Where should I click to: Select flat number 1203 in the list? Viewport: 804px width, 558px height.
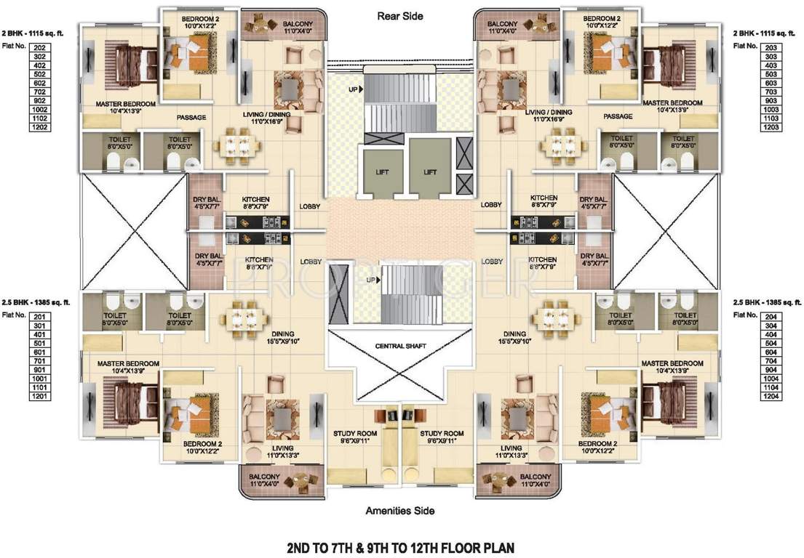pos(772,127)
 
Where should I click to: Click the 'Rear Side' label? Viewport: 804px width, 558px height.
pos(399,15)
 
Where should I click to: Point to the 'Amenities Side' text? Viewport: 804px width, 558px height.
pos(399,511)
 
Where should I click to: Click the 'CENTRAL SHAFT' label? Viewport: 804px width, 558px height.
pos(399,345)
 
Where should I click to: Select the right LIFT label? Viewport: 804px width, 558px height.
pos(430,172)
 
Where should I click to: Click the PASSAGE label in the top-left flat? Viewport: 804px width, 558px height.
pos(191,117)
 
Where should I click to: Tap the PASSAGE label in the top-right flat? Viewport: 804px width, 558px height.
pos(617,116)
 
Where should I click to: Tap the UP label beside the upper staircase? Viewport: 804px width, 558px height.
pos(353,89)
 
